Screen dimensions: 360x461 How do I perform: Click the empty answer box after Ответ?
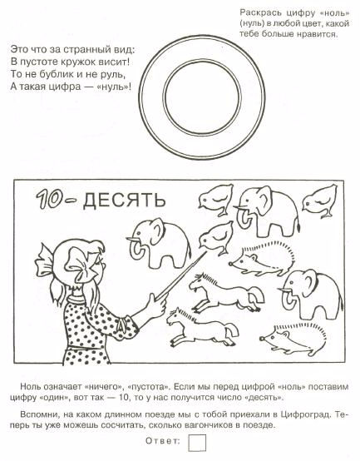197,443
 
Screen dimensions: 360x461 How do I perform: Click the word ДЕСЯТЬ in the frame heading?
125,201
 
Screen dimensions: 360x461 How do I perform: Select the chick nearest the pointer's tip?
216,237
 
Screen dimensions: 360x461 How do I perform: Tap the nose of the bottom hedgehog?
261,339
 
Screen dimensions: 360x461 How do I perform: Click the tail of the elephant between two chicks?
298,224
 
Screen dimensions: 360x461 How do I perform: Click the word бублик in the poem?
57,74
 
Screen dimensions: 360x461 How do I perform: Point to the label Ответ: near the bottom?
163,441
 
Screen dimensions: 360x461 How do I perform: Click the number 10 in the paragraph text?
123,398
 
